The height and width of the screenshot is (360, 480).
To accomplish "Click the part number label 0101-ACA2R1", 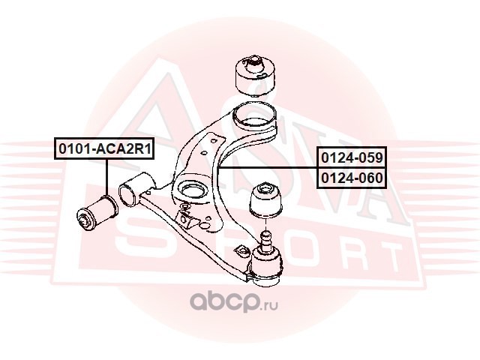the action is tap(104, 148).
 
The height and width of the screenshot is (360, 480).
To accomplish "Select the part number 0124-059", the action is tap(352, 157).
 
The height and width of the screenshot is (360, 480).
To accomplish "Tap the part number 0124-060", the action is tap(352, 178).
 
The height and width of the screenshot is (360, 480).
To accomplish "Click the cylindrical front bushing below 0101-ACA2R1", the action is tap(97, 214).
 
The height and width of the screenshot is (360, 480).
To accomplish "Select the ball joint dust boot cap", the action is tap(265, 201).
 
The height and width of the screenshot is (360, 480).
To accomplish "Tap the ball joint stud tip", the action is tap(265, 235).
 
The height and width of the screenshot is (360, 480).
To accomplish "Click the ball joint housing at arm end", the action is tap(265, 265).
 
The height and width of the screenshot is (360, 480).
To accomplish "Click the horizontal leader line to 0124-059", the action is tap(266, 168).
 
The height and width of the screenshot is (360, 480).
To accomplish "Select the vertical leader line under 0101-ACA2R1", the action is tap(106, 178).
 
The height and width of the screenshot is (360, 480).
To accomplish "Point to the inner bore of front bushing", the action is tap(83, 220).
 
